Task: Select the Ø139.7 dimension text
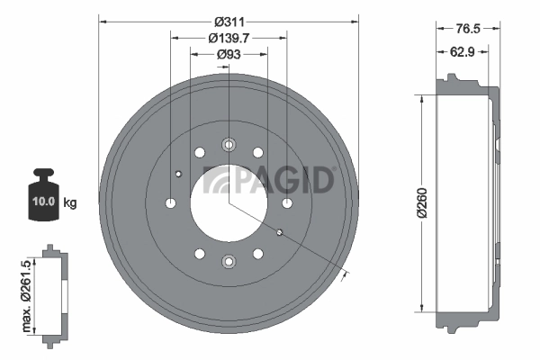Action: [x=229, y=38]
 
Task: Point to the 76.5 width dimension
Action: [x=464, y=29]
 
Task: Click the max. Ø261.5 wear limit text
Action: [x=26, y=289]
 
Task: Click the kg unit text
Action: [x=69, y=202]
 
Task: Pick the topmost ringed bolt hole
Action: [x=229, y=144]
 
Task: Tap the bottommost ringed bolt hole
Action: [x=229, y=262]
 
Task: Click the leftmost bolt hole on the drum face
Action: [x=170, y=202]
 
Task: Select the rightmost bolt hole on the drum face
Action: [x=287, y=202]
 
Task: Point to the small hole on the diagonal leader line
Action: [x=279, y=233]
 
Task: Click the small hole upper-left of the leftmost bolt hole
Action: [x=178, y=174]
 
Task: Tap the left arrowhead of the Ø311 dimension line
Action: [x=101, y=20]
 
